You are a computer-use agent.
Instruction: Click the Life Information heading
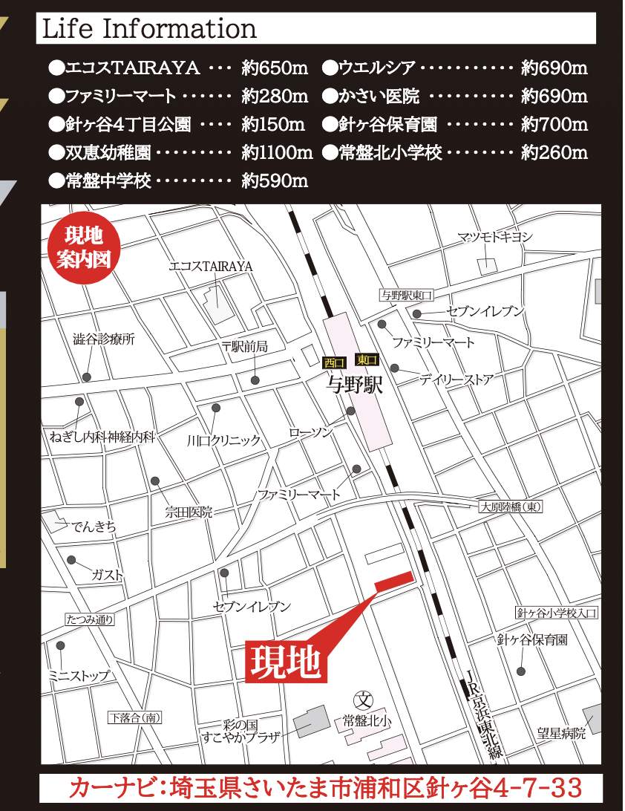[x=149, y=30]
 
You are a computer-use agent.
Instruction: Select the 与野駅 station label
[x=352, y=385]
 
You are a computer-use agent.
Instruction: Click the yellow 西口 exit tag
[x=334, y=363]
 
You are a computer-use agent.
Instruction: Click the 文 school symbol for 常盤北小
[x=364, y=700]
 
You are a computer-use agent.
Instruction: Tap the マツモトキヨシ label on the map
[x=494, y=237]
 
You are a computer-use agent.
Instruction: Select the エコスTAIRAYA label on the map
[x=212, y=266]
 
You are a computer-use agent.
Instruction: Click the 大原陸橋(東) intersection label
[x=510, y=507]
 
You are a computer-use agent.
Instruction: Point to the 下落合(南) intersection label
[x=134, y=717]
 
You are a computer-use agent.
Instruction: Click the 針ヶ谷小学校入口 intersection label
[x=557, y=613]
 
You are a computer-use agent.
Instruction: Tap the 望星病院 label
[x=562, y=734]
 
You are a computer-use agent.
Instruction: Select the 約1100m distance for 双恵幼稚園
[x=277, y=153]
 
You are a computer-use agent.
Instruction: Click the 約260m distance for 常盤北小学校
[x=554, y=153]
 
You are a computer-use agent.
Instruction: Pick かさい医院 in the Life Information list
[x=378, y=97]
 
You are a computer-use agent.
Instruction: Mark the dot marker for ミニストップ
[x=61, y=645]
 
